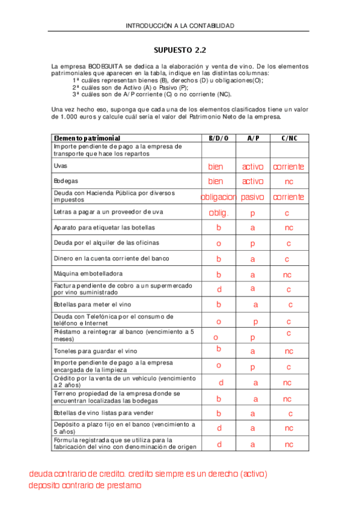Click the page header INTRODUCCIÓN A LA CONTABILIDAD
click(180, 26)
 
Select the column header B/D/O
click(219, 138)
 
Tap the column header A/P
click(253, 138)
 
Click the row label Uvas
click(60, 165)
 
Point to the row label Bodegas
click(66, 180)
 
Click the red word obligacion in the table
click(218, 197)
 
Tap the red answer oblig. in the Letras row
click(218, 212)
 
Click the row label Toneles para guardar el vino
click(96, 351)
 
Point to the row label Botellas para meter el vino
click(92, 305)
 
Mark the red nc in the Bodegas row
click(289, 181)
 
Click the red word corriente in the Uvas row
click(288, 167)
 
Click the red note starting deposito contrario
click(85, 485)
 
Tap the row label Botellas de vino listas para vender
click(103, 413)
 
